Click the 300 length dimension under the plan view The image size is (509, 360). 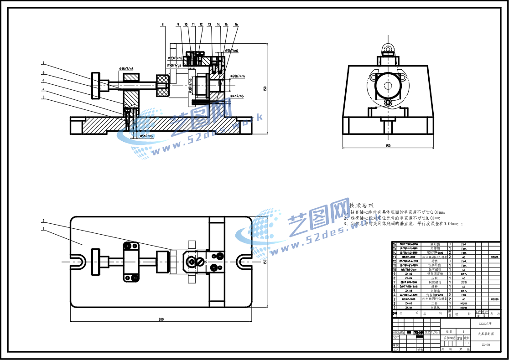pyautogui.click(x=161, y=319)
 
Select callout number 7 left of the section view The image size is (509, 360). pyautogui.click(x=43, y=63)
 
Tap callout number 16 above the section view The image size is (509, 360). pyautogui.click(x=236, y=24)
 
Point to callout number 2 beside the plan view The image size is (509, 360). pyautogui.click(x=43, y=221)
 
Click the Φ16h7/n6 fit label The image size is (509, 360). pyautogui.click(x=126, y=69)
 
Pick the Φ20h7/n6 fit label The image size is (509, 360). pyautogui.click(x=238, y=76)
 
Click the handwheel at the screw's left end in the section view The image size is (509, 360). pyautogui.click(x=96, y=85)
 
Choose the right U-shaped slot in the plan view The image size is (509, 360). pyautogui.click(x=243, y=262)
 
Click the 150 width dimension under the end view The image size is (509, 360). pyautogui.click(x=388, y=146)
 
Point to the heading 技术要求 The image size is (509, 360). pyautogui.click(x=362, y=206)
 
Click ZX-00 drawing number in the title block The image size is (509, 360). pyautogui.click(x=486, y=345)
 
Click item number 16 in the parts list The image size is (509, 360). pyautogui.click(x=395, y=244)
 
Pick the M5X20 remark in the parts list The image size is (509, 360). pyautogui.click(x=494, y=299)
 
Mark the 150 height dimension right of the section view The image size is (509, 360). pyautogui.click(x=265, y=89)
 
